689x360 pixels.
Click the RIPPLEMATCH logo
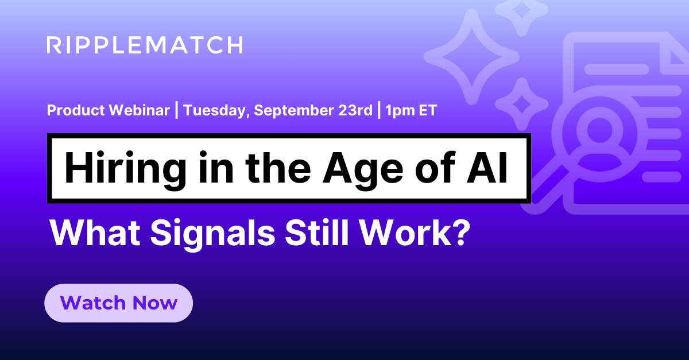pos(145,45)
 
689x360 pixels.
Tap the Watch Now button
pos(118,303)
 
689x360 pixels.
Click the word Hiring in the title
pos(125,169)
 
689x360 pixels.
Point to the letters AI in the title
pos(487,168)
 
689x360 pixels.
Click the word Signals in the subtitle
pos(212,233)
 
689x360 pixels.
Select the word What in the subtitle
pos(95,233)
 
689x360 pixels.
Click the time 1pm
pos(399,111)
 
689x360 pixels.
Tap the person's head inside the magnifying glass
pos(600,130)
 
